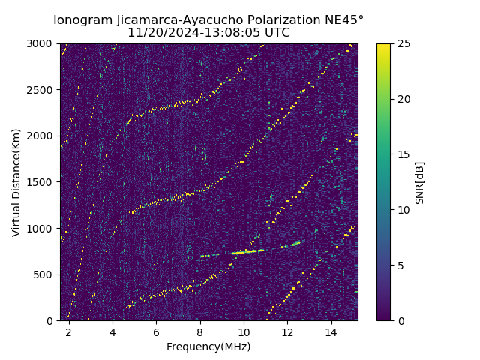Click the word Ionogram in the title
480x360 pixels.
click(x=82, y=19)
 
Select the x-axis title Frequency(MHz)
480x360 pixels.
click(x=208, y=346)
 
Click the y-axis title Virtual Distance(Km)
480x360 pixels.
click(x=16, y=182)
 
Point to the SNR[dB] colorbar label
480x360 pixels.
click(x=420, y=182)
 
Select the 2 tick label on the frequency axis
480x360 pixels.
click(x=69, y=331)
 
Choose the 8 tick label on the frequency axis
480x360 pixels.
click(x=200, y=331)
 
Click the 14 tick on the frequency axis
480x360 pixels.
click(x=331, y=331)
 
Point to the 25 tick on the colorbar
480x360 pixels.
click(x=403, y=43)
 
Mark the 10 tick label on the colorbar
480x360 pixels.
click(x=403, y=210)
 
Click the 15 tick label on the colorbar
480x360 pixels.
click(x=403, y=154)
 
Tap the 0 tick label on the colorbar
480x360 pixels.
click(x=400, y=321)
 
